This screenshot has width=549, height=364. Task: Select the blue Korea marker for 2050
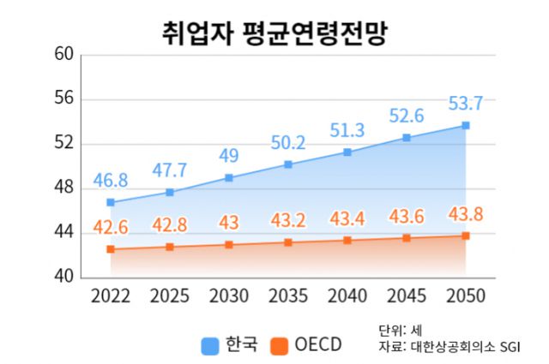[466, 125]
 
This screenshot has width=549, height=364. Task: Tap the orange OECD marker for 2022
[111, 249]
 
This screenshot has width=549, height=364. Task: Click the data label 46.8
[111, 180]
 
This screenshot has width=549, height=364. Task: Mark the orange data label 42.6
[111, 227]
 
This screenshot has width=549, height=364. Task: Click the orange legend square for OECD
[278, 345]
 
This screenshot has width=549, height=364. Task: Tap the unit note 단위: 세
[395, 330]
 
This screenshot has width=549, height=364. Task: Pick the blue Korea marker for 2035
[288, 164]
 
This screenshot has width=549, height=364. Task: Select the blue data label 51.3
[347, 130]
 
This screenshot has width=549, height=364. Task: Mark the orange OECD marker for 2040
[347, 241]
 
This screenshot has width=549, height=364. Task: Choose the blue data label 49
[229, 156]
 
